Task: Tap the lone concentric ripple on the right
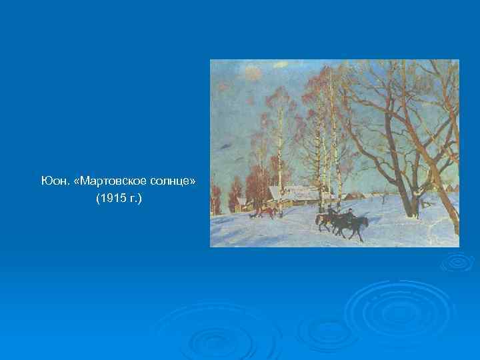click(457, 263)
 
